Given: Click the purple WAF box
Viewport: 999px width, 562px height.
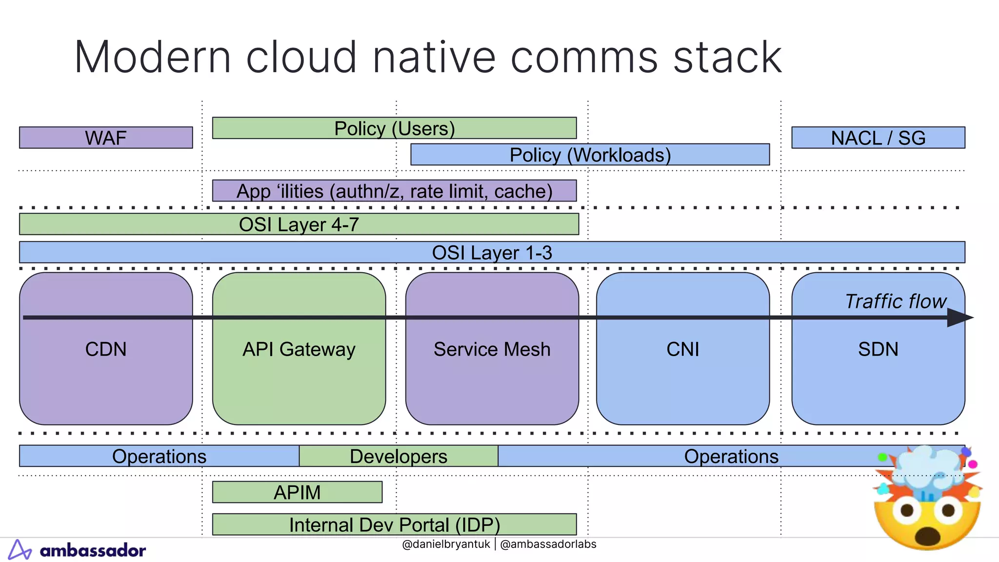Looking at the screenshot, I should coord(106,138).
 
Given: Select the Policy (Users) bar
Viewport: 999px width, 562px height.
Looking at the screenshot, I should coord(394,128).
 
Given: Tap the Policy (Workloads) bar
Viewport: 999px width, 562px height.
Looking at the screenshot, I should coord(590,155).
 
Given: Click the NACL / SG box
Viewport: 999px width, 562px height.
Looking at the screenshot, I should coord(878,138).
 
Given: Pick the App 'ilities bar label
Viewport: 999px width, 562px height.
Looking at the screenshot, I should coord(394,191).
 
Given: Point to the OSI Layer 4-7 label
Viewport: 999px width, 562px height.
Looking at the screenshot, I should coord(299,224).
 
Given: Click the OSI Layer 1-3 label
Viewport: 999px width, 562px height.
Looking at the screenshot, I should coord(492,253).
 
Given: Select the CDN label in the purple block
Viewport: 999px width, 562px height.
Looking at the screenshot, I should coord(106,349).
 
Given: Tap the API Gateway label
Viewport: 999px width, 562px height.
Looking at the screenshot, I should coord(299,349).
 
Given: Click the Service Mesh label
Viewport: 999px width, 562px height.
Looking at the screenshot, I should coord(492,349).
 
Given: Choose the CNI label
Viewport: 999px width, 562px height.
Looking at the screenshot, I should coord(682,349).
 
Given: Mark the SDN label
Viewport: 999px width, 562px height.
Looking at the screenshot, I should coord(878,349).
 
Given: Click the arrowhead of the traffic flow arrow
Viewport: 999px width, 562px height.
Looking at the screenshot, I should coord(960,318).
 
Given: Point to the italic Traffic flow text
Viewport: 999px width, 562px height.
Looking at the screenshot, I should coord(895,301).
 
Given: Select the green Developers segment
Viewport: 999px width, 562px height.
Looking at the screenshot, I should coord(398,456).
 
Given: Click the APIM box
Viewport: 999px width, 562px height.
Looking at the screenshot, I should coord(297,492).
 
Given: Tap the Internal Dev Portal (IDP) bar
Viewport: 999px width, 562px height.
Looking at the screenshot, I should coord(394,524).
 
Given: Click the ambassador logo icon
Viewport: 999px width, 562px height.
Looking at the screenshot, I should coord(20,550).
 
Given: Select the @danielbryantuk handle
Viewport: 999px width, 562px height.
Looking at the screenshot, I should coord(445,544).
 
